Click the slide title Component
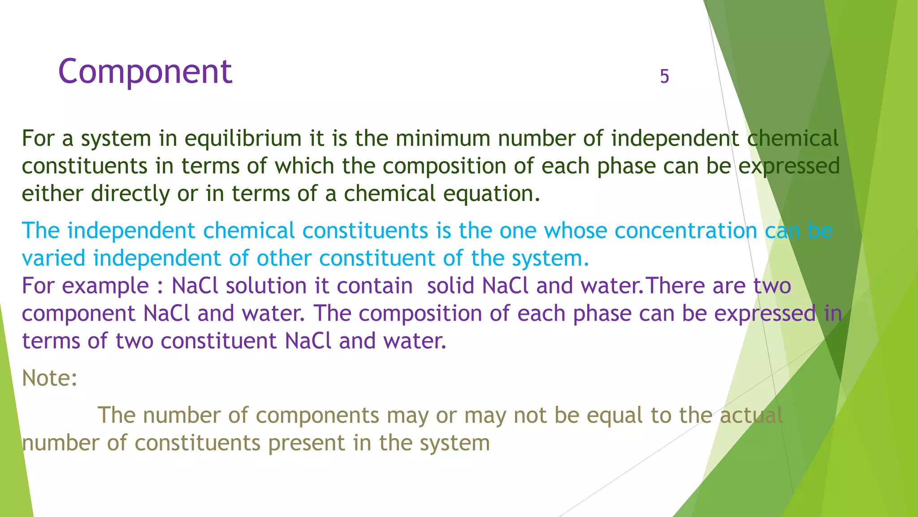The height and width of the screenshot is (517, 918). click(145, 71)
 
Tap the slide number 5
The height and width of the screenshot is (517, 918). click(664, 76)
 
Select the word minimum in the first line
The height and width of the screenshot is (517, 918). click(443, 139)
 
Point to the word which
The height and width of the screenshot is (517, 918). click(304, 166)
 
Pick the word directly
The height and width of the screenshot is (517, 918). click(130, 194)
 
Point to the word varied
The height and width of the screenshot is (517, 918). click(53, 258)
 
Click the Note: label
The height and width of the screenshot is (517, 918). click(49, 378)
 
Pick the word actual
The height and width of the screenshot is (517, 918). click(751, 415)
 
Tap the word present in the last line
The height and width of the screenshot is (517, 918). click(307, 443)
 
